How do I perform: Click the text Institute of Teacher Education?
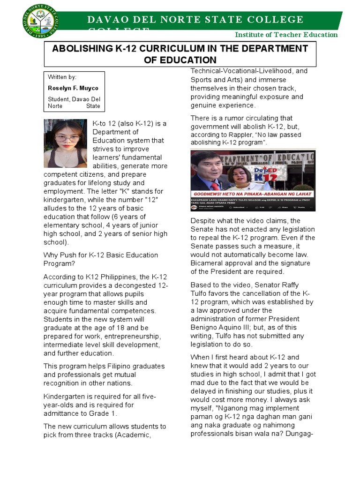[286, 35]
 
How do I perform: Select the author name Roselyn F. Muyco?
[73, 88]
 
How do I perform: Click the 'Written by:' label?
[62, 77]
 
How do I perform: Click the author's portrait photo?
[65, 143]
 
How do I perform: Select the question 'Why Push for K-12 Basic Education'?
[101, 255]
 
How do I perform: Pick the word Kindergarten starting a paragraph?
[65, 397]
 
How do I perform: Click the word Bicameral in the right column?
[207, 263]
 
